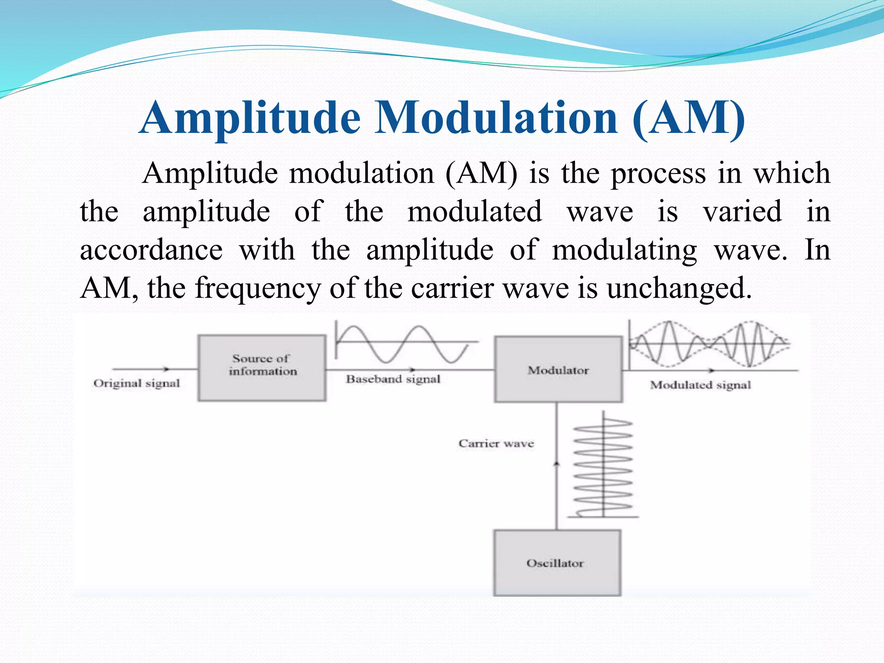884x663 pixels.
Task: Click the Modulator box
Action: click(558, 369)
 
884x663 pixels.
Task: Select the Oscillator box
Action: click(557, 563)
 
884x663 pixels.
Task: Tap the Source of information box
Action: click(262, 368)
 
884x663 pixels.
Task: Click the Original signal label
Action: click(136, 383)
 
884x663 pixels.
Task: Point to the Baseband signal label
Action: click(393, 379)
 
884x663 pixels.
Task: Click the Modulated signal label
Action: click(700, 385)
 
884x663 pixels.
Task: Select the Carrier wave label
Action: click(496, 443)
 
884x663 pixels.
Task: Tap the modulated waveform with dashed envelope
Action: click(708, 344)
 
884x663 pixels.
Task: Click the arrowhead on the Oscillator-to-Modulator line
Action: click(556, 463)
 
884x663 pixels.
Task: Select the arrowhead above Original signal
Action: click(166, 369)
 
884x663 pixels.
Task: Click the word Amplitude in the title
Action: click(250, 118)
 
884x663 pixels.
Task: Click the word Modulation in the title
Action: click(496, 118)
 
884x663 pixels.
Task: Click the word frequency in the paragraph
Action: click(258, 288)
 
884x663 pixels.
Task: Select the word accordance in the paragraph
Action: click(151, 250)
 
